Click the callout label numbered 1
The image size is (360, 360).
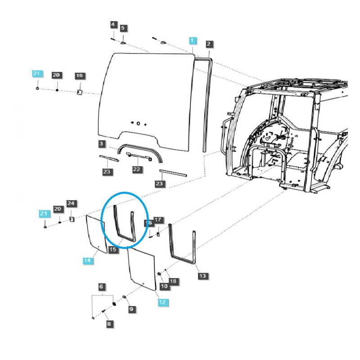click(x=193, y=41)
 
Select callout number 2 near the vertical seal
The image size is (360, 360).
click(x=209, y=44)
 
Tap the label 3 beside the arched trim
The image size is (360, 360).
click(x=103, y=144)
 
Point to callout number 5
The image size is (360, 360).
click(x=123, y=28)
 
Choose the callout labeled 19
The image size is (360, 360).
click(x=80, y=76)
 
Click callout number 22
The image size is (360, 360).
click(x=136, y=170)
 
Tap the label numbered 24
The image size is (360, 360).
click(x=71, y=204)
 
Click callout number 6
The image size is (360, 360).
click(x=102, y=287)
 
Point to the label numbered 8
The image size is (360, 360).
click(x=108, y=323)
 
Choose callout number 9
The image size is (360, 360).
click(x=131, y=309)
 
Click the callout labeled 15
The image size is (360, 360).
click(x=113, y=249)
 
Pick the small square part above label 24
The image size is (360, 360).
click(x=71, y=219)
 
